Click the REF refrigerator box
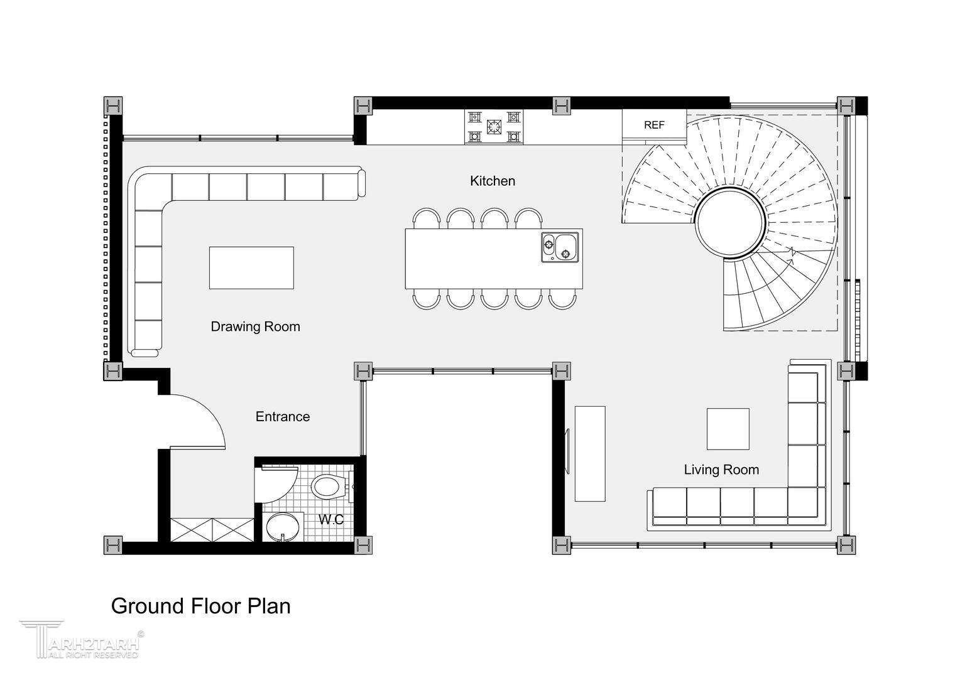click(655, 125)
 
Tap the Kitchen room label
click(493, 181)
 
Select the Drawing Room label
click(256, 326)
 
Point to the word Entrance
click(283, 416)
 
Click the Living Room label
click(721, 470)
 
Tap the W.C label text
click(331, 519)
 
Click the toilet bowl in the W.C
click(329, 487)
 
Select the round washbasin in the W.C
click(283, 527)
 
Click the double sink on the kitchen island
click(560, 247)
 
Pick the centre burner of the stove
click(494, 127)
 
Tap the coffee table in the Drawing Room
click(251, 267)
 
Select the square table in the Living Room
click(728, 429)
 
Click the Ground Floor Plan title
click(200, 606)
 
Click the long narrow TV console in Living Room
click(590, 454)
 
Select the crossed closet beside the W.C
click(212, 529)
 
